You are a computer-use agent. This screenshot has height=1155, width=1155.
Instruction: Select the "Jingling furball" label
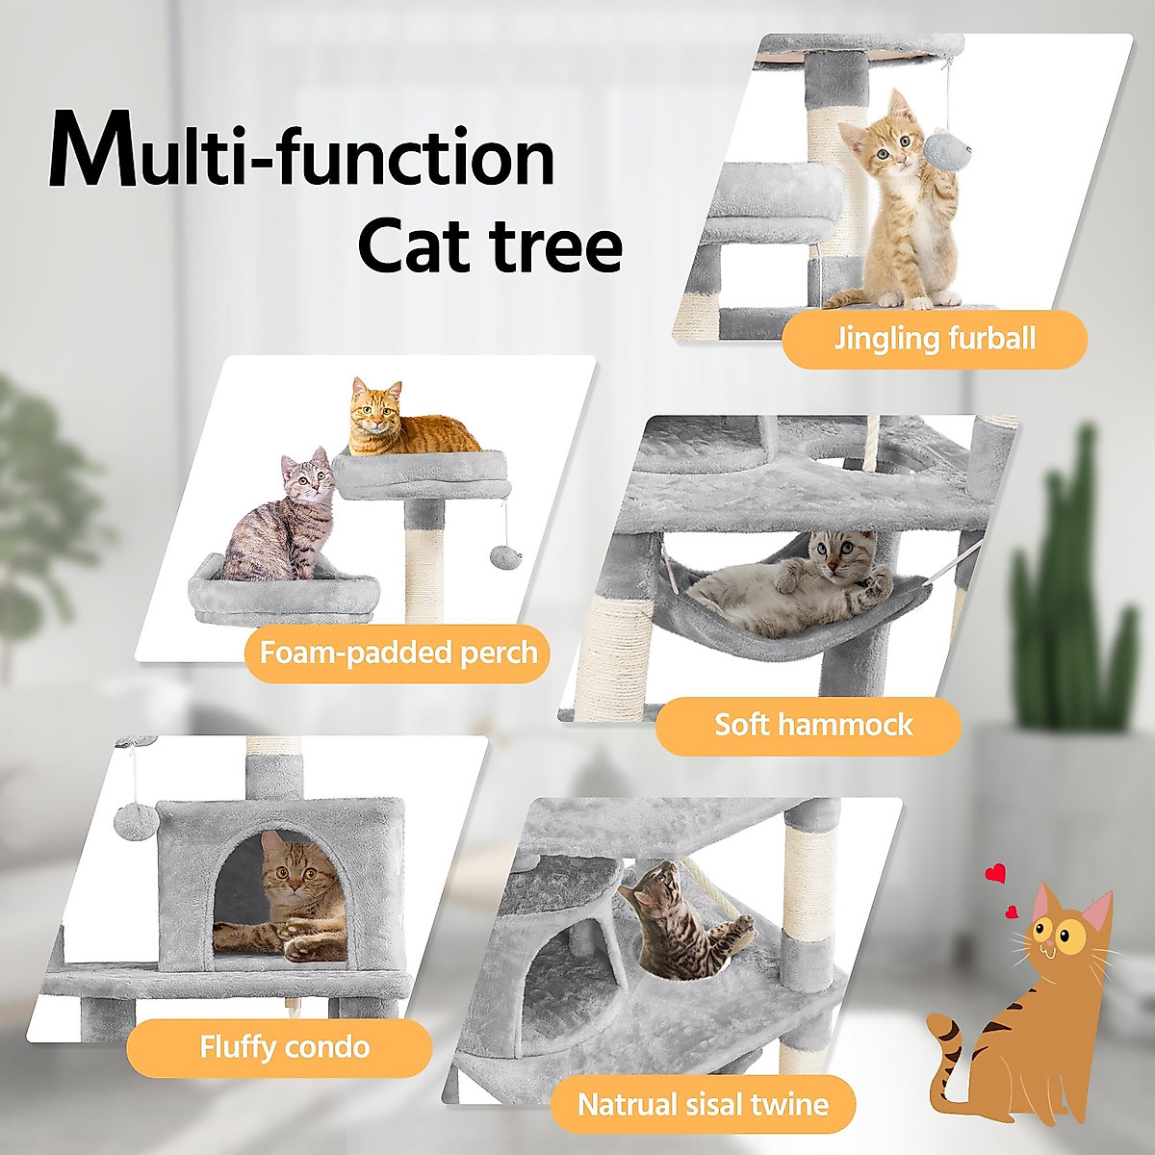[934, 339]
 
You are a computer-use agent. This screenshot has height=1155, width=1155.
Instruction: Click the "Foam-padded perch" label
[398, 654]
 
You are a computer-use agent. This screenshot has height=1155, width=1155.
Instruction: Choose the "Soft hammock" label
[812, 725]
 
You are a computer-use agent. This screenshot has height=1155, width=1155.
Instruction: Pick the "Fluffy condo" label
[284, 1047]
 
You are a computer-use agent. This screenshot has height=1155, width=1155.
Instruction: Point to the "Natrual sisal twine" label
[703, 1104]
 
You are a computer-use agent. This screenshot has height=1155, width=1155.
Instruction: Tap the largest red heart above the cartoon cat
[996, 874]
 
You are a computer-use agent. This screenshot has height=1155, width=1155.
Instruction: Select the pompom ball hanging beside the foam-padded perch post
[502, 555]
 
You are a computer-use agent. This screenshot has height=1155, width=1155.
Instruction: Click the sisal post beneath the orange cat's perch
[423, 558]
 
